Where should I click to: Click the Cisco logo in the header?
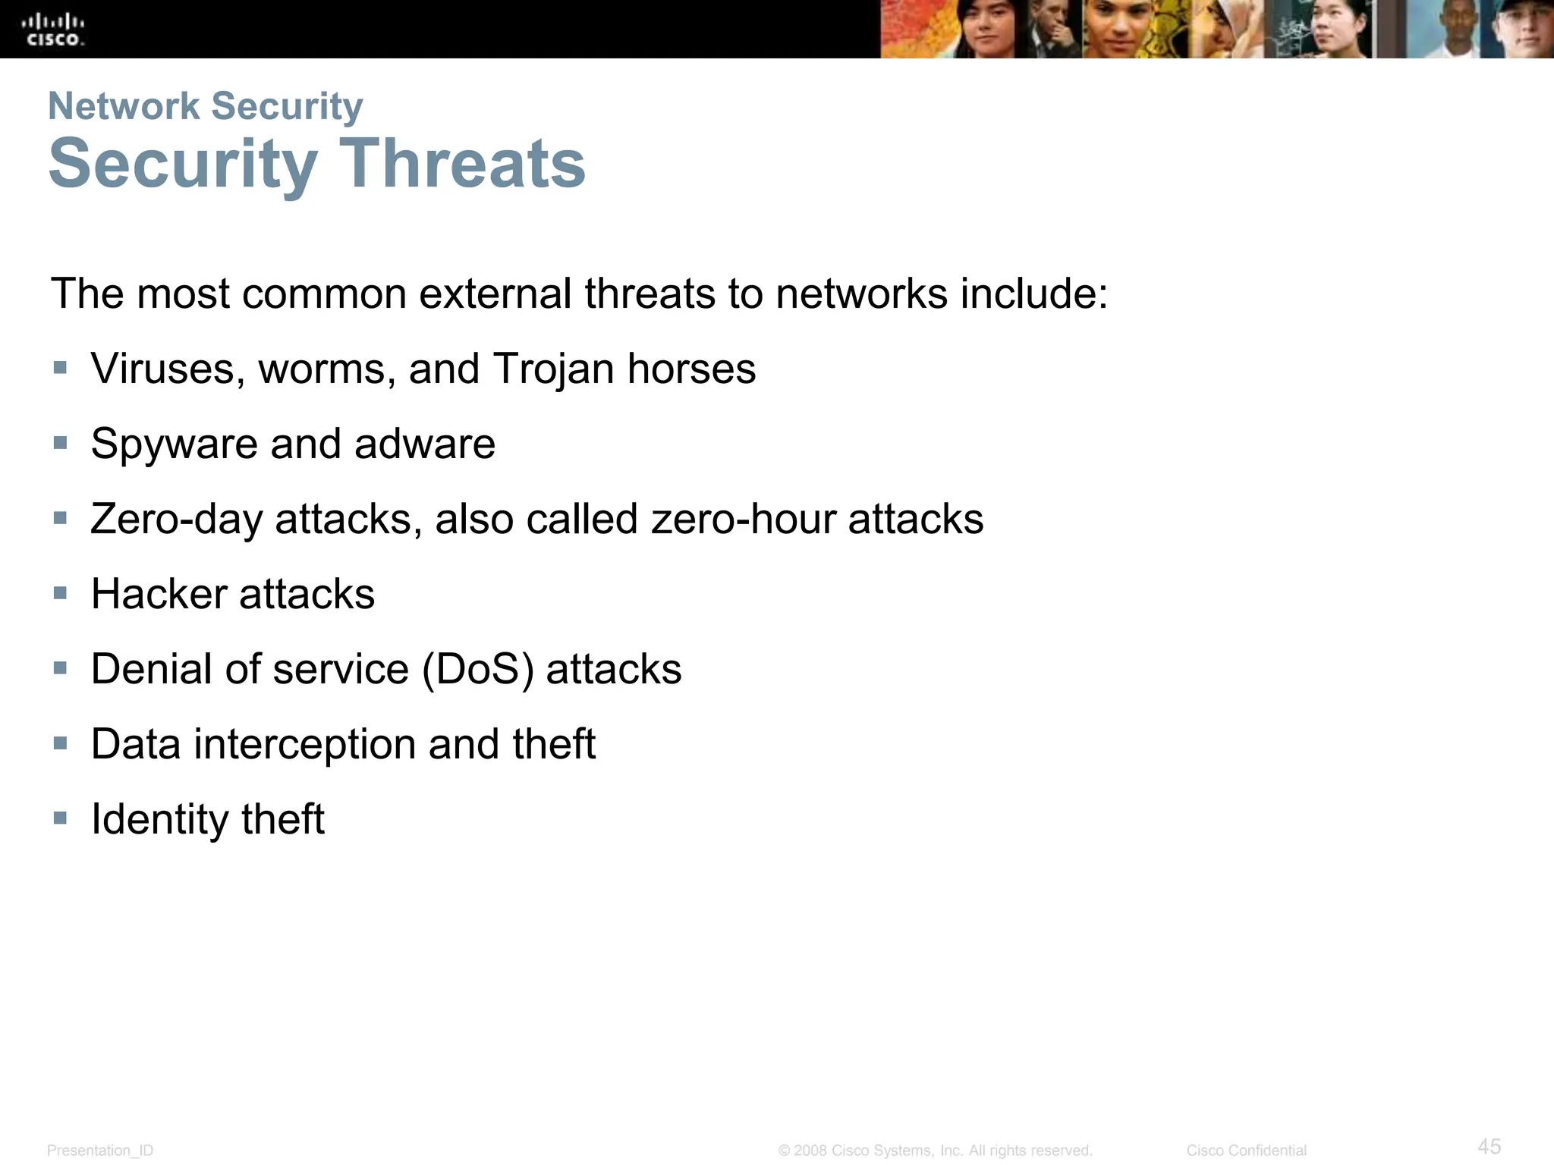[55, 30]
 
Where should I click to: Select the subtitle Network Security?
[205, 105]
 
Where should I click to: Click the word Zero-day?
[176, 520]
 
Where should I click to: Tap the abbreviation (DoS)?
[477, 670]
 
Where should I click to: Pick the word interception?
[304, 744]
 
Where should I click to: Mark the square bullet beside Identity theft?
[61, 818]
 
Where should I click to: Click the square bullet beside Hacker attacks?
[61, 592]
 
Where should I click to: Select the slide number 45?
[1489, 1145]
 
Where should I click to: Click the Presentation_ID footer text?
[100, 1151]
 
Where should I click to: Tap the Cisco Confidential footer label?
[1246, 1151]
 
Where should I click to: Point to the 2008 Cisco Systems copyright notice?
[935, 1151]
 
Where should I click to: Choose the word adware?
[425, 444]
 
